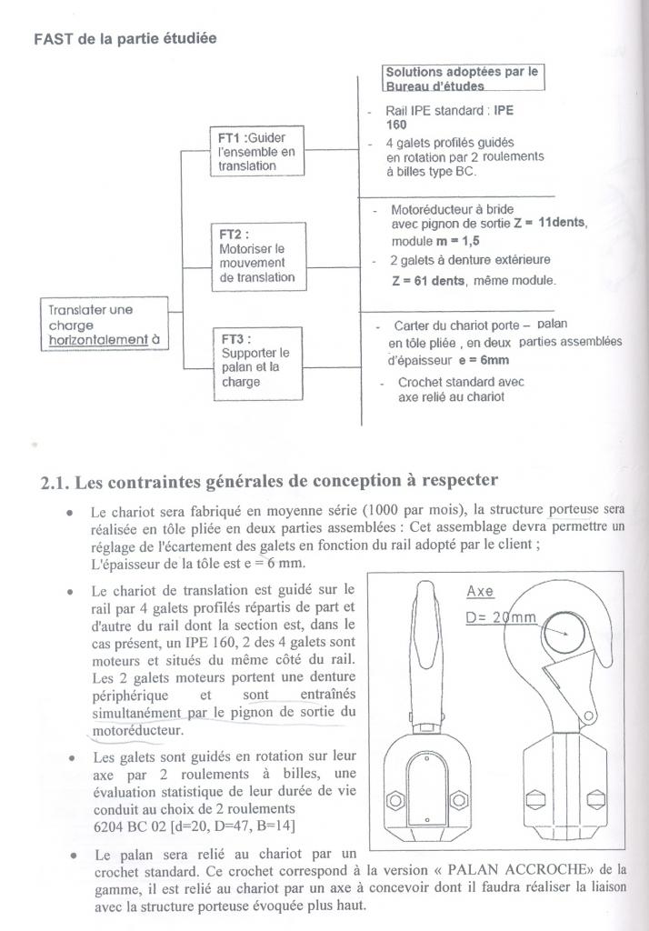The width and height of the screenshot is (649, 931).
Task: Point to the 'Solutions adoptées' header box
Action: (x=464, y=77)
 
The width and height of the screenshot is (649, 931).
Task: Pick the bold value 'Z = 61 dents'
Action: (x=427, y=281)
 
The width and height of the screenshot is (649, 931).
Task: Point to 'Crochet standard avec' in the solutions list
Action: (x=461, y=382)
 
